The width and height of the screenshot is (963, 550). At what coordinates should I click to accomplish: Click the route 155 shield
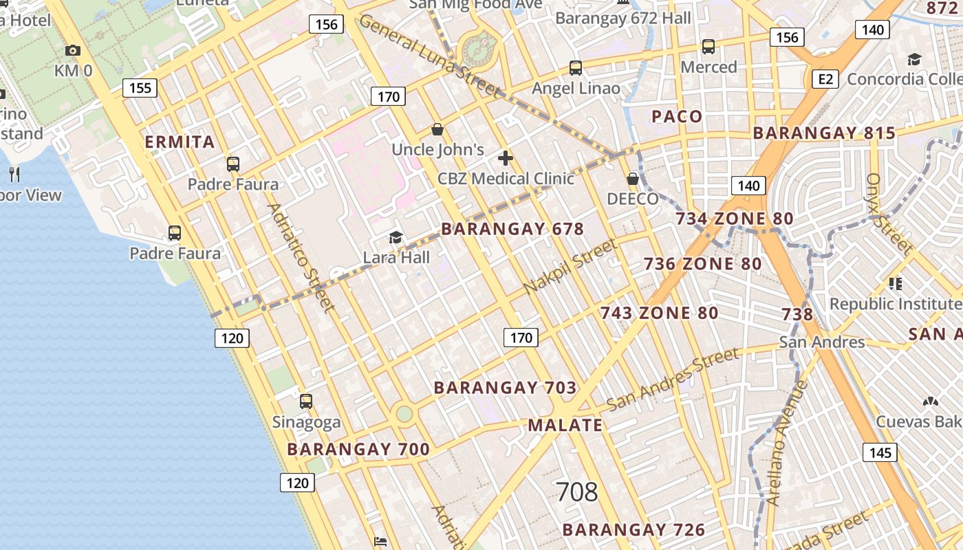[x=140, y=88]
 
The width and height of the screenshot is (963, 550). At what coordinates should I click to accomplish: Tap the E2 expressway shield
[x=825, y=80]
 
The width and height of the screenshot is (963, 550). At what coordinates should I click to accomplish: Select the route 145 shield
[x=880, y=452]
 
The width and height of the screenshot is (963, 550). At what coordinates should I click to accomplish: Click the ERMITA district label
[x=180, y=142]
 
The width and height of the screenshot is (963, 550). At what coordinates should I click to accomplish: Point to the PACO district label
[x=677, y=116]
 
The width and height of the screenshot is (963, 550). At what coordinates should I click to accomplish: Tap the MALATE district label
[x=565, y=425]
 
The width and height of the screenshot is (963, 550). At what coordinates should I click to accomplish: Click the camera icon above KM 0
[x=72, y=50]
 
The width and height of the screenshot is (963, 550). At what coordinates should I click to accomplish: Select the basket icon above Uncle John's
[x=437, y=129]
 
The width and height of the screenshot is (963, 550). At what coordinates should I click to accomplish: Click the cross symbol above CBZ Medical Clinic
[x=506, y=159]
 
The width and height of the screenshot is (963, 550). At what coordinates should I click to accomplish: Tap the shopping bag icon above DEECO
[x=633, y=179]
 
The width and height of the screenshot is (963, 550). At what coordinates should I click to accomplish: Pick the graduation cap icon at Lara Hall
[x=396, y=238]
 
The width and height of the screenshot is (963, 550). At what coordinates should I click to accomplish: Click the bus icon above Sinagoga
[x=306, y=401]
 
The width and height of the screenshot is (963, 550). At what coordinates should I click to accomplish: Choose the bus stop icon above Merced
[x=708, y=47]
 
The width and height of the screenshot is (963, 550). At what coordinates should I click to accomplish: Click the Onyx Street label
[x=889, y=212]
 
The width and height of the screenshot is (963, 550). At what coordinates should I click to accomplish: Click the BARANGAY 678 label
[x=512, y=229]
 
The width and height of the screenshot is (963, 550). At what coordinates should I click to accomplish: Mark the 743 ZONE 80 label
[x=659, y=313]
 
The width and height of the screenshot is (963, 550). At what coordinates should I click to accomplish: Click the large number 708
[x=576, y=492]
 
